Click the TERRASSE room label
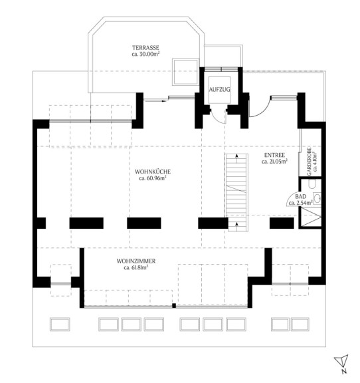coord(145,48)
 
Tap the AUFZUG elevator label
coord(219,89)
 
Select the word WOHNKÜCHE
coord(153,172)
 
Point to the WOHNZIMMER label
coord(136,261)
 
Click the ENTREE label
coord(274,155)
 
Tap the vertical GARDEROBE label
coord(310,162)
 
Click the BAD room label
coord(301,196)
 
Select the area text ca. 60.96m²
coord(153,178)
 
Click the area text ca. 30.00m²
coord(145,55)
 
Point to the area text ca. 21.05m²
coord(274,162)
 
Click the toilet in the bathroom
coord(312,184)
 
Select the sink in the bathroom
coord(317,198)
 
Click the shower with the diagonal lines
coord(311,217)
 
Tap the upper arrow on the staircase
coord(236,158)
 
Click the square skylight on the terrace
coord(185,72)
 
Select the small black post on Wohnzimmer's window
coord(174,305)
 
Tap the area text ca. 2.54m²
coord(301,203)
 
